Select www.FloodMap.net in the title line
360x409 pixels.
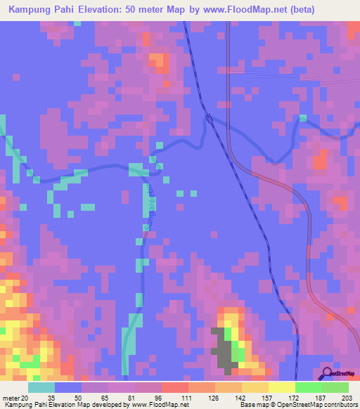coord(238,10)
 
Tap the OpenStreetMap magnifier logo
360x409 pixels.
coord(326,373)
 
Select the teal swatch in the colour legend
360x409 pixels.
coord(41,387)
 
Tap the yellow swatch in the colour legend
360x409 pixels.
coord(282,387)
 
